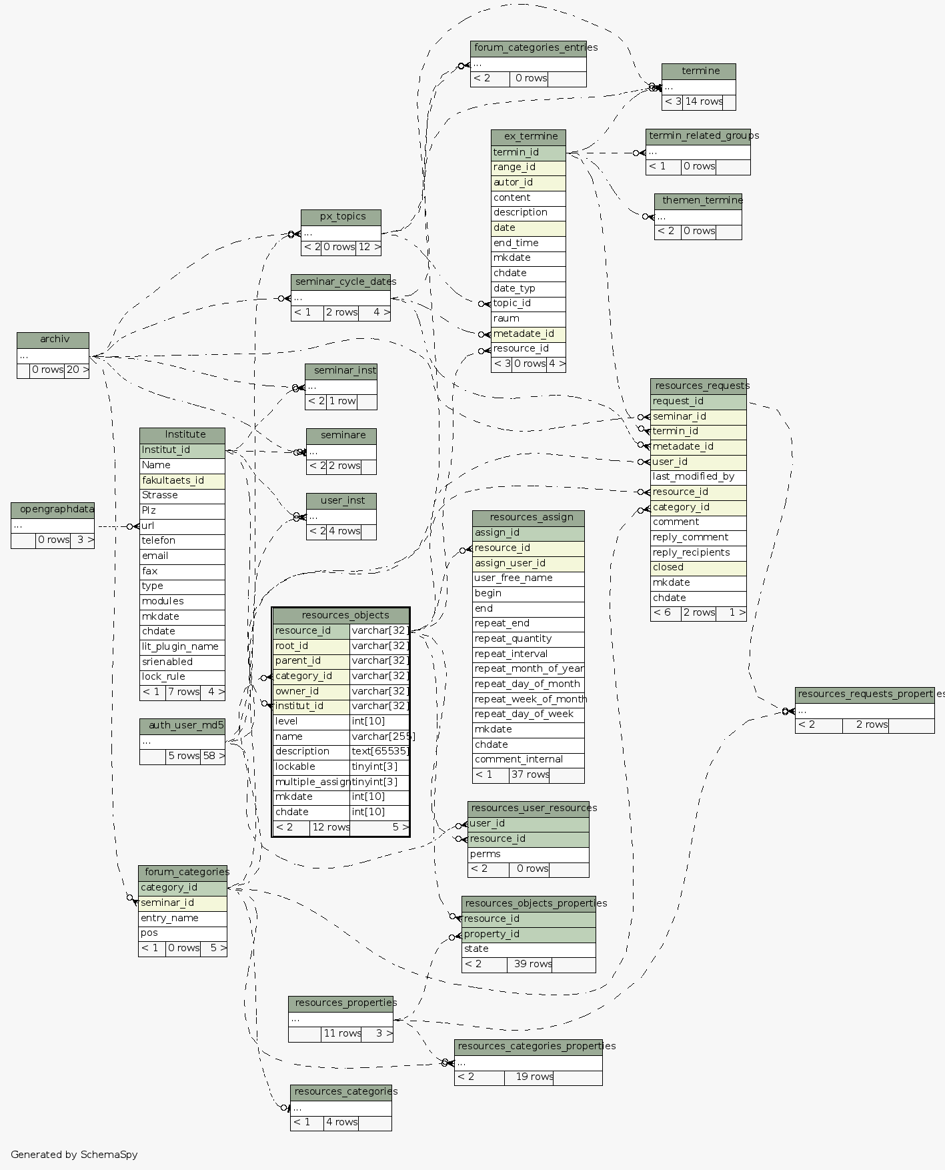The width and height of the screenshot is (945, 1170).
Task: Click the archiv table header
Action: [53, 340]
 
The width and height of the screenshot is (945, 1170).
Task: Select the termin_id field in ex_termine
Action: [528, 152]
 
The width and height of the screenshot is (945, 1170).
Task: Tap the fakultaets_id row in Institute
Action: [182, 480]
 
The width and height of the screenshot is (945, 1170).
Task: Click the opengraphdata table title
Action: [53, 510]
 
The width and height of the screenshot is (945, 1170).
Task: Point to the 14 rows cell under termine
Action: [703, 102]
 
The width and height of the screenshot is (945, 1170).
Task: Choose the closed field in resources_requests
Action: [698, 568]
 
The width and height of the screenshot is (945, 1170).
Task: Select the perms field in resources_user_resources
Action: [528, 854]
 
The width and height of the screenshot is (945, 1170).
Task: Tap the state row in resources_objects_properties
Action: [528, 949]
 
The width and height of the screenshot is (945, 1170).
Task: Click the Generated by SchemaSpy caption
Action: [74, 1155]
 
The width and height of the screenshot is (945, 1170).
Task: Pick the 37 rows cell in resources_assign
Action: [530, 774]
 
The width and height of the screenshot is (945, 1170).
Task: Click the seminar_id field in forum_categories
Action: [183, 903]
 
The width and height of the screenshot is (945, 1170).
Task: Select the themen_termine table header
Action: [698, 200]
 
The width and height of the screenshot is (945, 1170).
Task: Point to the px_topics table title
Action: [341, 217]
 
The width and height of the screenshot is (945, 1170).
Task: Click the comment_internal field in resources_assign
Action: [528, 759]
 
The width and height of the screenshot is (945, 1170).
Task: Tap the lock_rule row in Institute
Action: [182, 676]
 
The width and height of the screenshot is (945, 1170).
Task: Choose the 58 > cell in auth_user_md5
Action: [213, 756]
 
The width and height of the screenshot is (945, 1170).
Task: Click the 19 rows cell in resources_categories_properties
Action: [529, 1077]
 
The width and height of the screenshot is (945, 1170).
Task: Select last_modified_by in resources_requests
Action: [698, 476]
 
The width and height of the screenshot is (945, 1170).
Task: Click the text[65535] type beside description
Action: [379, 751]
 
